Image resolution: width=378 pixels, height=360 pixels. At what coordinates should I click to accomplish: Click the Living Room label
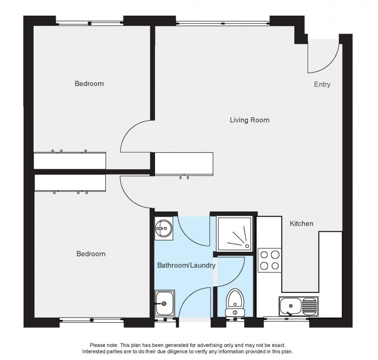[249, 120]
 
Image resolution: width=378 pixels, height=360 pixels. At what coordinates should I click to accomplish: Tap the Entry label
[322, 85]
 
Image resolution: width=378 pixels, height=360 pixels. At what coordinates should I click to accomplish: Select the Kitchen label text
[301, 223]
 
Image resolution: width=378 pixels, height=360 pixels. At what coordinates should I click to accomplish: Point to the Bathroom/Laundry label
[186, 265]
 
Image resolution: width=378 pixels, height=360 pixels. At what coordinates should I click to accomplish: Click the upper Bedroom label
[89, 83]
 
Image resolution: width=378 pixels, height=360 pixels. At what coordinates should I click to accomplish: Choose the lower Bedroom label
[91, 254]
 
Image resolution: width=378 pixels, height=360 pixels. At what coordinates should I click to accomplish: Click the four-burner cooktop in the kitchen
[270, 260]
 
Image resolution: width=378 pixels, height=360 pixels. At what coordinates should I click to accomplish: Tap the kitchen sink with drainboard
[299, 307]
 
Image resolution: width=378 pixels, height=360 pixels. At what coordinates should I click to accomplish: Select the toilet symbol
[235, 303]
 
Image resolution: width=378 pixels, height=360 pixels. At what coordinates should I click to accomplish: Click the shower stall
[234, 234]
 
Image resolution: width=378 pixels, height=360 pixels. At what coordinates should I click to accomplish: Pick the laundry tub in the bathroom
[164, 303]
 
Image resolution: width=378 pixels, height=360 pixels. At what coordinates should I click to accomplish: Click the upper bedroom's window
[89, 23]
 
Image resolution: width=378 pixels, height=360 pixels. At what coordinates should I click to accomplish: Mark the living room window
[223, 23]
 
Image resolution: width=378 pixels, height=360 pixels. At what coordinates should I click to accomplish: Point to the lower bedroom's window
[92, 320]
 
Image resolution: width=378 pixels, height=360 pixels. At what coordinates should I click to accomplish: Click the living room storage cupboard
[184, 164]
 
